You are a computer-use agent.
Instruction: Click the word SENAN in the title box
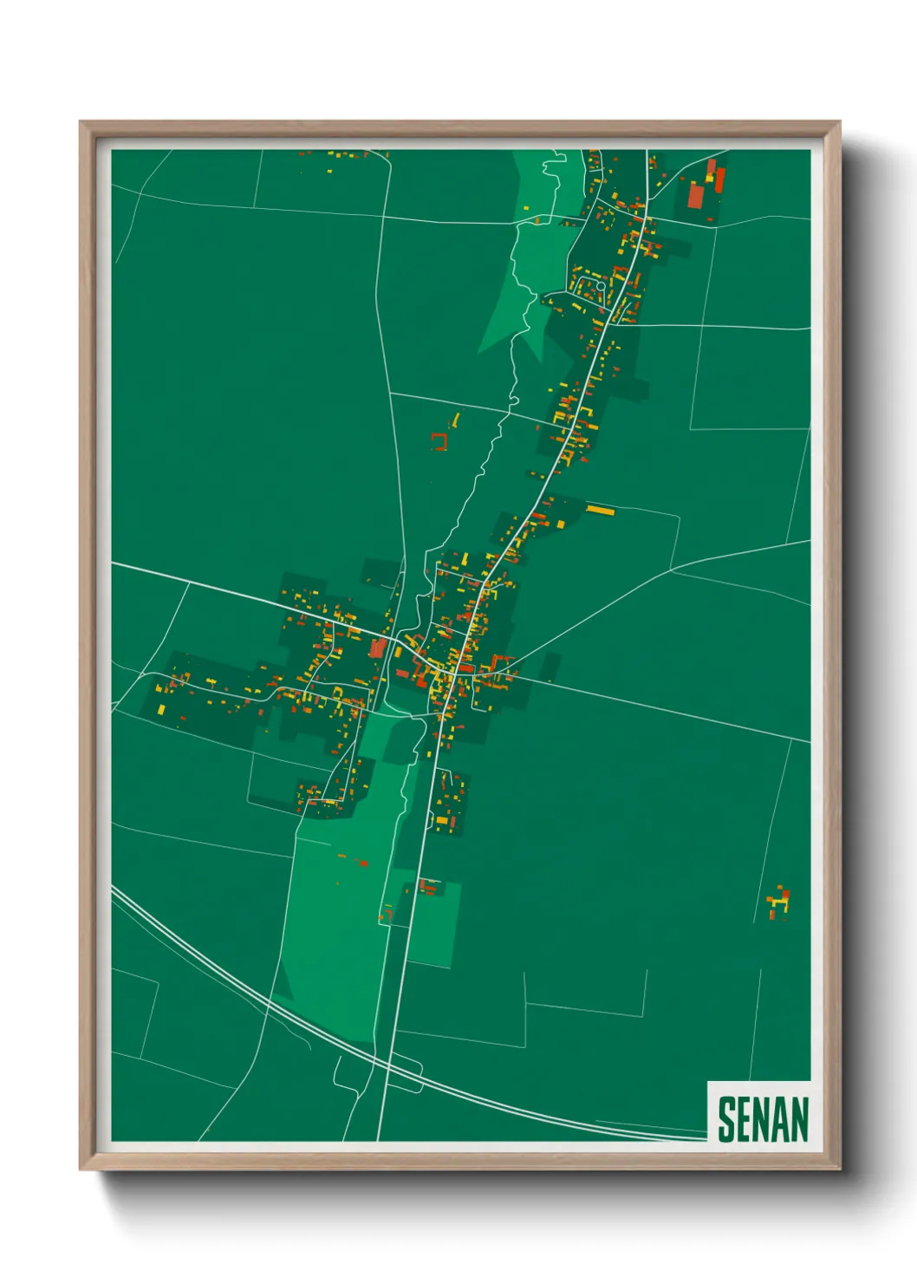[x=763, y=1119]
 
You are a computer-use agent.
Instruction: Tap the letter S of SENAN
[x=726, y=1119]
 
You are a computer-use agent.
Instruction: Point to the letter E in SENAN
[x=744, y=1119]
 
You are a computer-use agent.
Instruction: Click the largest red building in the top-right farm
[x=696, y=195]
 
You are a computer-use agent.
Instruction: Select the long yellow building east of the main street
[x=600, y=510]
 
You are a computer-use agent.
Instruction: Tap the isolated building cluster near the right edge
[x=778, y=902]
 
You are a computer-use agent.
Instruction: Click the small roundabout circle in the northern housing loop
[x=600, y=285]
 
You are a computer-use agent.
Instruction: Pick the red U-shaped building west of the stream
[x=439, y=442]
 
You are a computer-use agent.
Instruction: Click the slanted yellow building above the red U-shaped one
[x=455, y=420]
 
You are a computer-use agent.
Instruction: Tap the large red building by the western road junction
[x=378, y=648]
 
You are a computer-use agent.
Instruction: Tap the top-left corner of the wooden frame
[x=83, y=125]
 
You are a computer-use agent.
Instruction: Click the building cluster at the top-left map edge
[x=342, y=157]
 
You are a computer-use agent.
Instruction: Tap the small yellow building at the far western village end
[x=161, y=710]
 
